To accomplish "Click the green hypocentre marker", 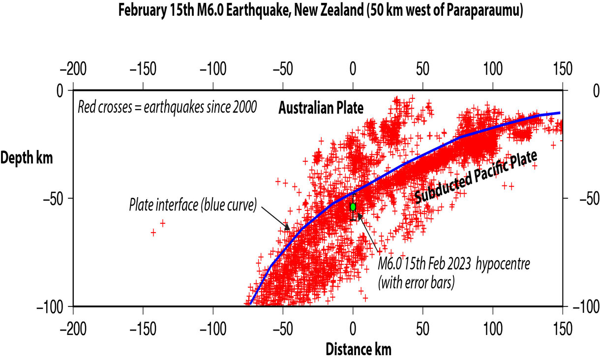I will point(353,207).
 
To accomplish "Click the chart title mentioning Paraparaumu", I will point(320,11).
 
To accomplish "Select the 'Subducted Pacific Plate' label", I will point(475,178).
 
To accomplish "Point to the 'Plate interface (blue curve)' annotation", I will point(193,205).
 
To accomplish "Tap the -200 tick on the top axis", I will point(73,68).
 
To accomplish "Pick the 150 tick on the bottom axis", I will point(562,327).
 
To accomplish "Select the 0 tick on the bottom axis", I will point(353,327).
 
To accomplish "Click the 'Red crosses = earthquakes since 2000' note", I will point(167,107).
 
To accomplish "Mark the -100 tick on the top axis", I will point(212,68).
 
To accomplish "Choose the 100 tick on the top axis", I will point(492,68).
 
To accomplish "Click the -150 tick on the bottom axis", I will point(143,327).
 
